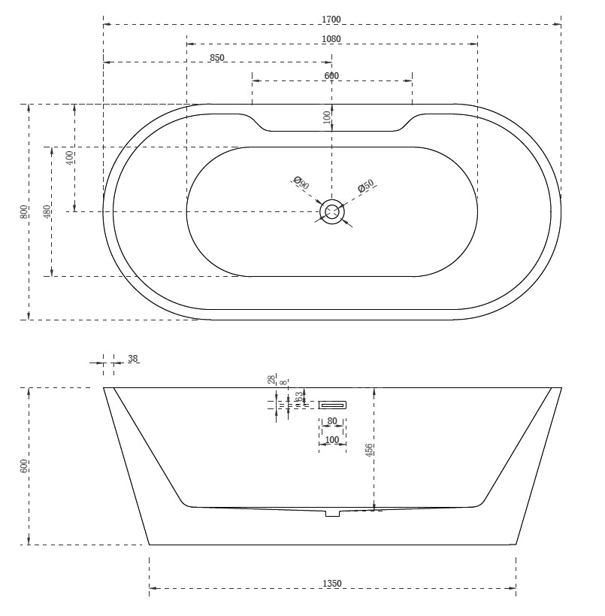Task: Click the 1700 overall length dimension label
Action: click(x=331, y=18)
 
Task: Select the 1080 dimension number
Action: click(x=331, y=38)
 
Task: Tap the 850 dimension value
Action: click(x=217, y=57)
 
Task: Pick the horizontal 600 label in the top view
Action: click(x=331, y=75)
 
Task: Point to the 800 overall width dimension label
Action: click(x=24, y=212)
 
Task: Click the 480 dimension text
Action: click(x=47, y=212)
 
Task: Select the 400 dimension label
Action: click(x=70, y=158)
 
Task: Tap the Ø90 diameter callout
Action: click(x=298, y=183)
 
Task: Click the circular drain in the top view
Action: click(x=331, y=212)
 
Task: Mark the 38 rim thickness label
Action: click(x=133, y=359)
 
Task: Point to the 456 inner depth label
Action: click(x=369, y=450)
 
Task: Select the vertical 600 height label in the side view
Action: click(x=24, y=466)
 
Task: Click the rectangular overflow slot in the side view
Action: click(x=332, y=404)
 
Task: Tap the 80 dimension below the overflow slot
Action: click(x=332, y=421)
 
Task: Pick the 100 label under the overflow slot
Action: click(x=332, y=439)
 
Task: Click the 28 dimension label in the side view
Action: click(x=271, y=381)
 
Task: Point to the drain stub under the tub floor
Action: click(x=332, y=514)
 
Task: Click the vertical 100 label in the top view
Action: click(x=327, y=117)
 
